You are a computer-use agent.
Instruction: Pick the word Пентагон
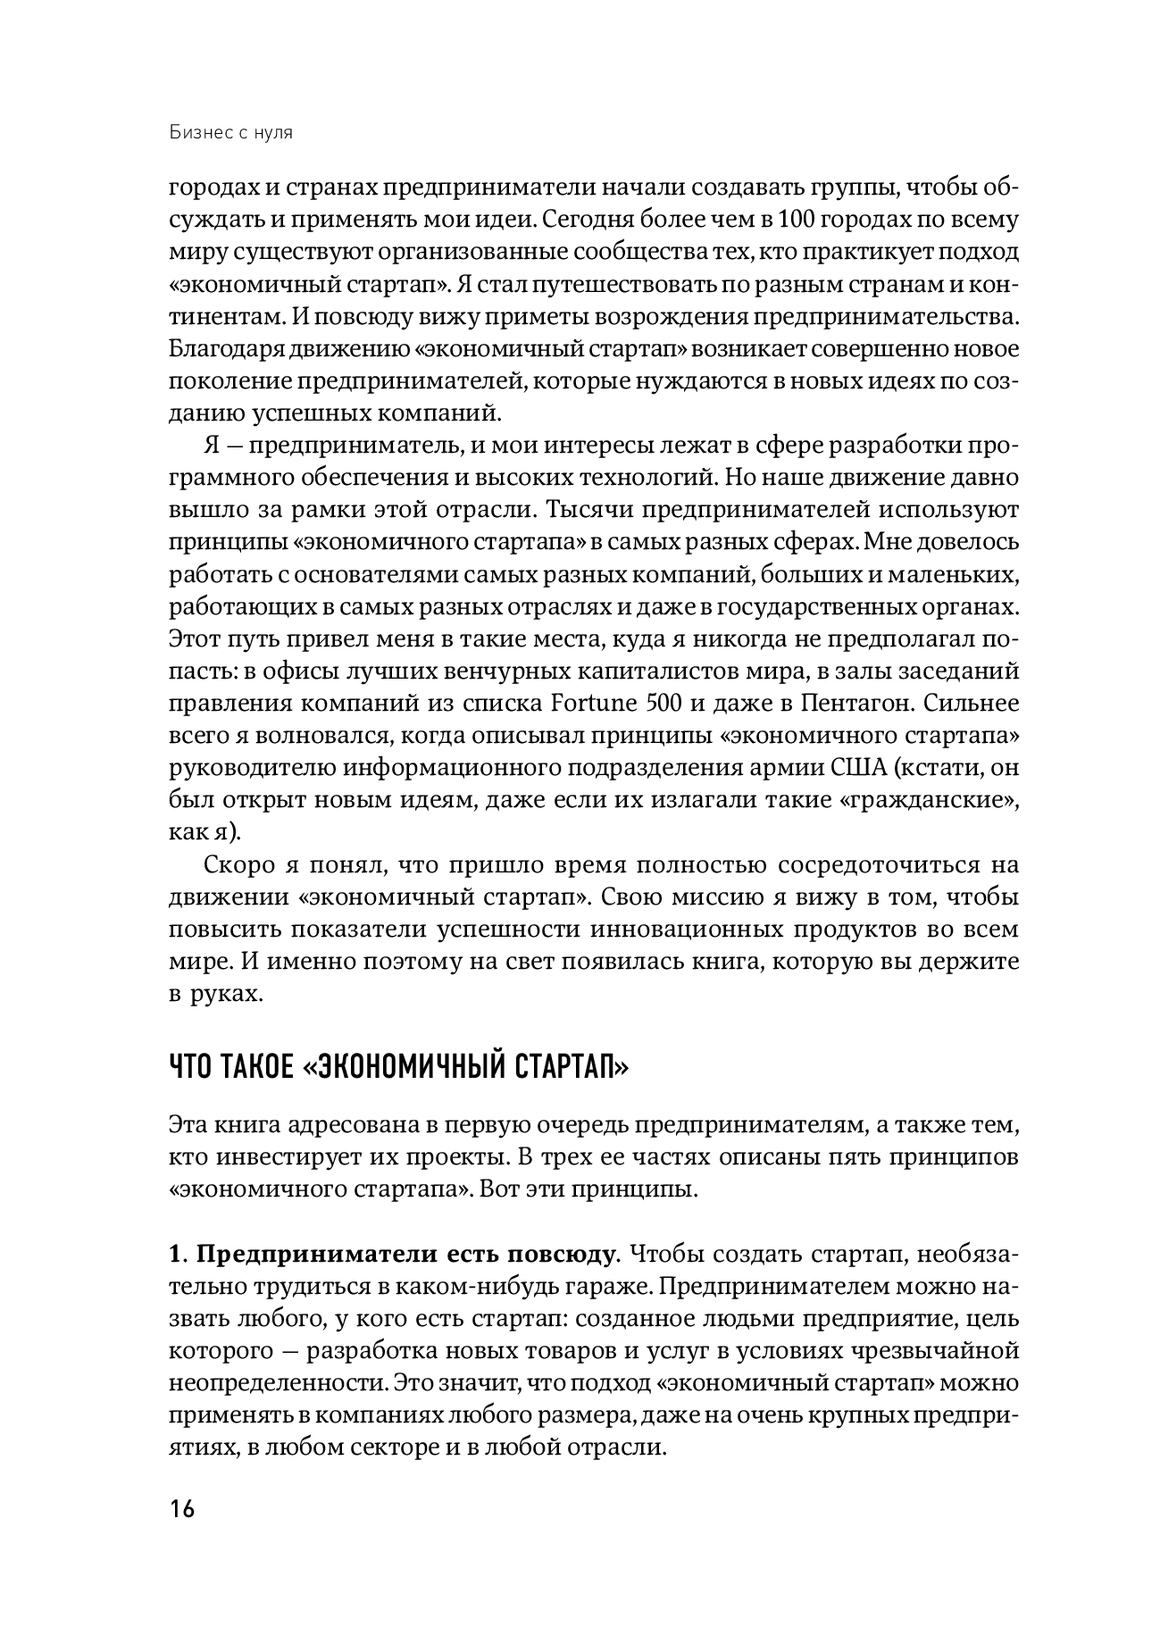(x=855, y=703)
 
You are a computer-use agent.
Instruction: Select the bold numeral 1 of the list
(x=173, y=1255)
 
